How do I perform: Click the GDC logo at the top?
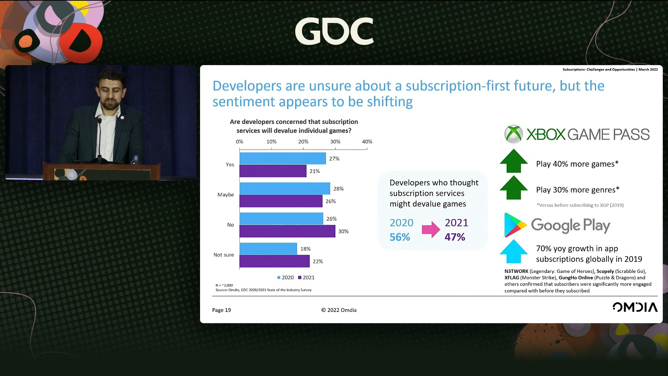tap(334, 31)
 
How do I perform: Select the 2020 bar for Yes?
tap(283, 158)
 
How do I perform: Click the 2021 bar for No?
tap(287, 231)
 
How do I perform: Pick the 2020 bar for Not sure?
tap(268, 249)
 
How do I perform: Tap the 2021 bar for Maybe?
tap(281, 201)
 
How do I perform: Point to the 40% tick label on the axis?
tap(367, 142)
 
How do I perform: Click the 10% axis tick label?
tap(271, 142)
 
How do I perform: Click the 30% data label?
tap(343, 231)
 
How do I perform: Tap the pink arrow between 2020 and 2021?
tap(431, 229)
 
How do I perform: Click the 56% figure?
tap(400, 237)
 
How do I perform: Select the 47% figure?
tap(455, 237)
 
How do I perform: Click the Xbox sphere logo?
tap(514, 134)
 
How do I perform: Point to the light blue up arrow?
tap(514, 251)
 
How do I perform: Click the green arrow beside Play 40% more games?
tap(514, 161)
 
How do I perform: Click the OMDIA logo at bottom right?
tap(635, 307)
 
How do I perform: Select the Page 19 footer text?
tap(221, 310)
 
